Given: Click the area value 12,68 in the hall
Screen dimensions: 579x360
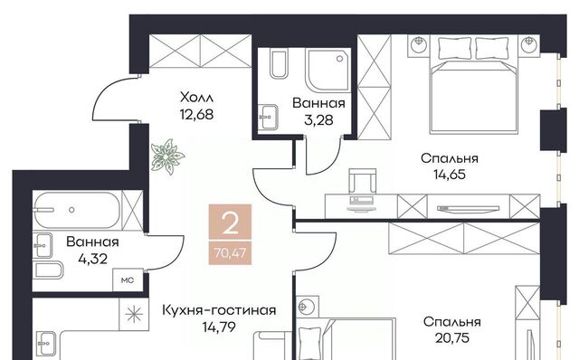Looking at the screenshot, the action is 196,115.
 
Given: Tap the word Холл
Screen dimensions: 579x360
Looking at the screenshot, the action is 196,98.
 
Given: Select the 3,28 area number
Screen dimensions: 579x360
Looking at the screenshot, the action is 318,120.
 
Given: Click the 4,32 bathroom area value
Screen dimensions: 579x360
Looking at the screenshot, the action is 92,259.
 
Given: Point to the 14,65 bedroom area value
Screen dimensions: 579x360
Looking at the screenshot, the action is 450,175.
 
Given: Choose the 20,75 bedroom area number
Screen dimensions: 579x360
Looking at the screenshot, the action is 452,338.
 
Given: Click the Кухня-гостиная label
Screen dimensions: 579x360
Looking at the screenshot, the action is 219,310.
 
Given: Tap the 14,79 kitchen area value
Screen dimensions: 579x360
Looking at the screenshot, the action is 219,327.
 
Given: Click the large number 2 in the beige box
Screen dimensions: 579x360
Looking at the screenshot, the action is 231,223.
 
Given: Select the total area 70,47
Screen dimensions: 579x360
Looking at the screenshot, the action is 230,253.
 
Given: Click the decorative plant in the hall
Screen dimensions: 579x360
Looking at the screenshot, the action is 167,156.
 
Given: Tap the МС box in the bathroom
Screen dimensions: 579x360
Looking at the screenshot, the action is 128,280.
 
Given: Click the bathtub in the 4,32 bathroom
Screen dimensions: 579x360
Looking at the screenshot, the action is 77,210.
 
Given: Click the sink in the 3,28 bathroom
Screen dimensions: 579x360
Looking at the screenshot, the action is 268,117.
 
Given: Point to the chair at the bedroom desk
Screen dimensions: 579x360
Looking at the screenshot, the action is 362,181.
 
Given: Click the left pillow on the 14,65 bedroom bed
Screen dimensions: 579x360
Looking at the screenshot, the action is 455,48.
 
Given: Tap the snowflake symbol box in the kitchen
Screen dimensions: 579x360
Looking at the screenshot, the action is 134,314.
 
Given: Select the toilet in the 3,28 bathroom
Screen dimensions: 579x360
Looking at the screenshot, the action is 279,65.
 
